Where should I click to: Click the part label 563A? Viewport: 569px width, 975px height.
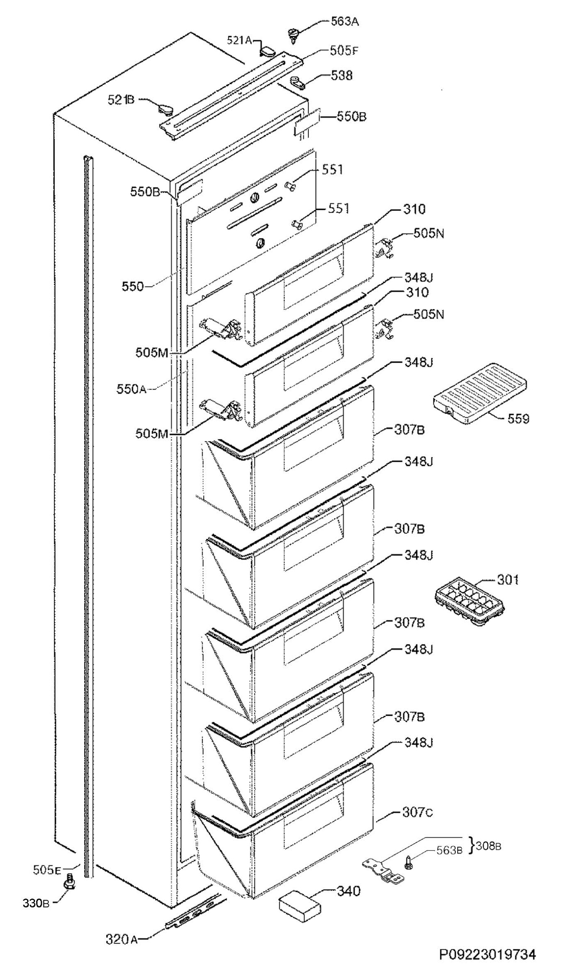point(344,22)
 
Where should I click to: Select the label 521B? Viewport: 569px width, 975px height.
point(121,100)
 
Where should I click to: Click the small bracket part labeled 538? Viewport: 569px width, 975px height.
point(298,82)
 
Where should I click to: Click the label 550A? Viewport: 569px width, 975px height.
point(131,390)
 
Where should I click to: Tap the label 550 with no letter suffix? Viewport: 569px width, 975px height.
point(133,287)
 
